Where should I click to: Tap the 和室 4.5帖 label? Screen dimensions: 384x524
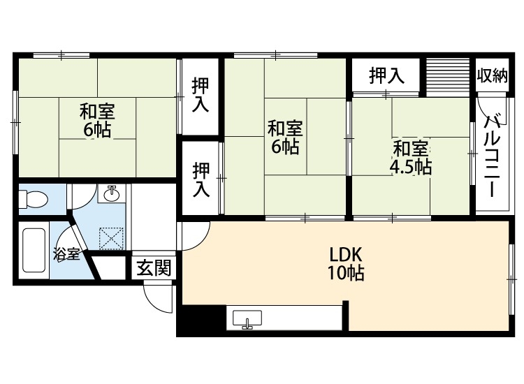point(410,158)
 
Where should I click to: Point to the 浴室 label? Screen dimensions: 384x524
point(66,254)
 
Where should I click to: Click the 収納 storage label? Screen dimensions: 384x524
point(492,75)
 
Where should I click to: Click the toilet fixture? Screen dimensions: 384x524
point(32,200)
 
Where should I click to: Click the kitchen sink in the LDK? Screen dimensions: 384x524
point(247,320)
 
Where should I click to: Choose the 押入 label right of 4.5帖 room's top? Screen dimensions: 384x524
point(386,75)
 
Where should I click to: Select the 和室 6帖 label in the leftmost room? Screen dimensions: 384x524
point(96,119)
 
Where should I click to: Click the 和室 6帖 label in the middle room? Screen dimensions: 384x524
point(285,138)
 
